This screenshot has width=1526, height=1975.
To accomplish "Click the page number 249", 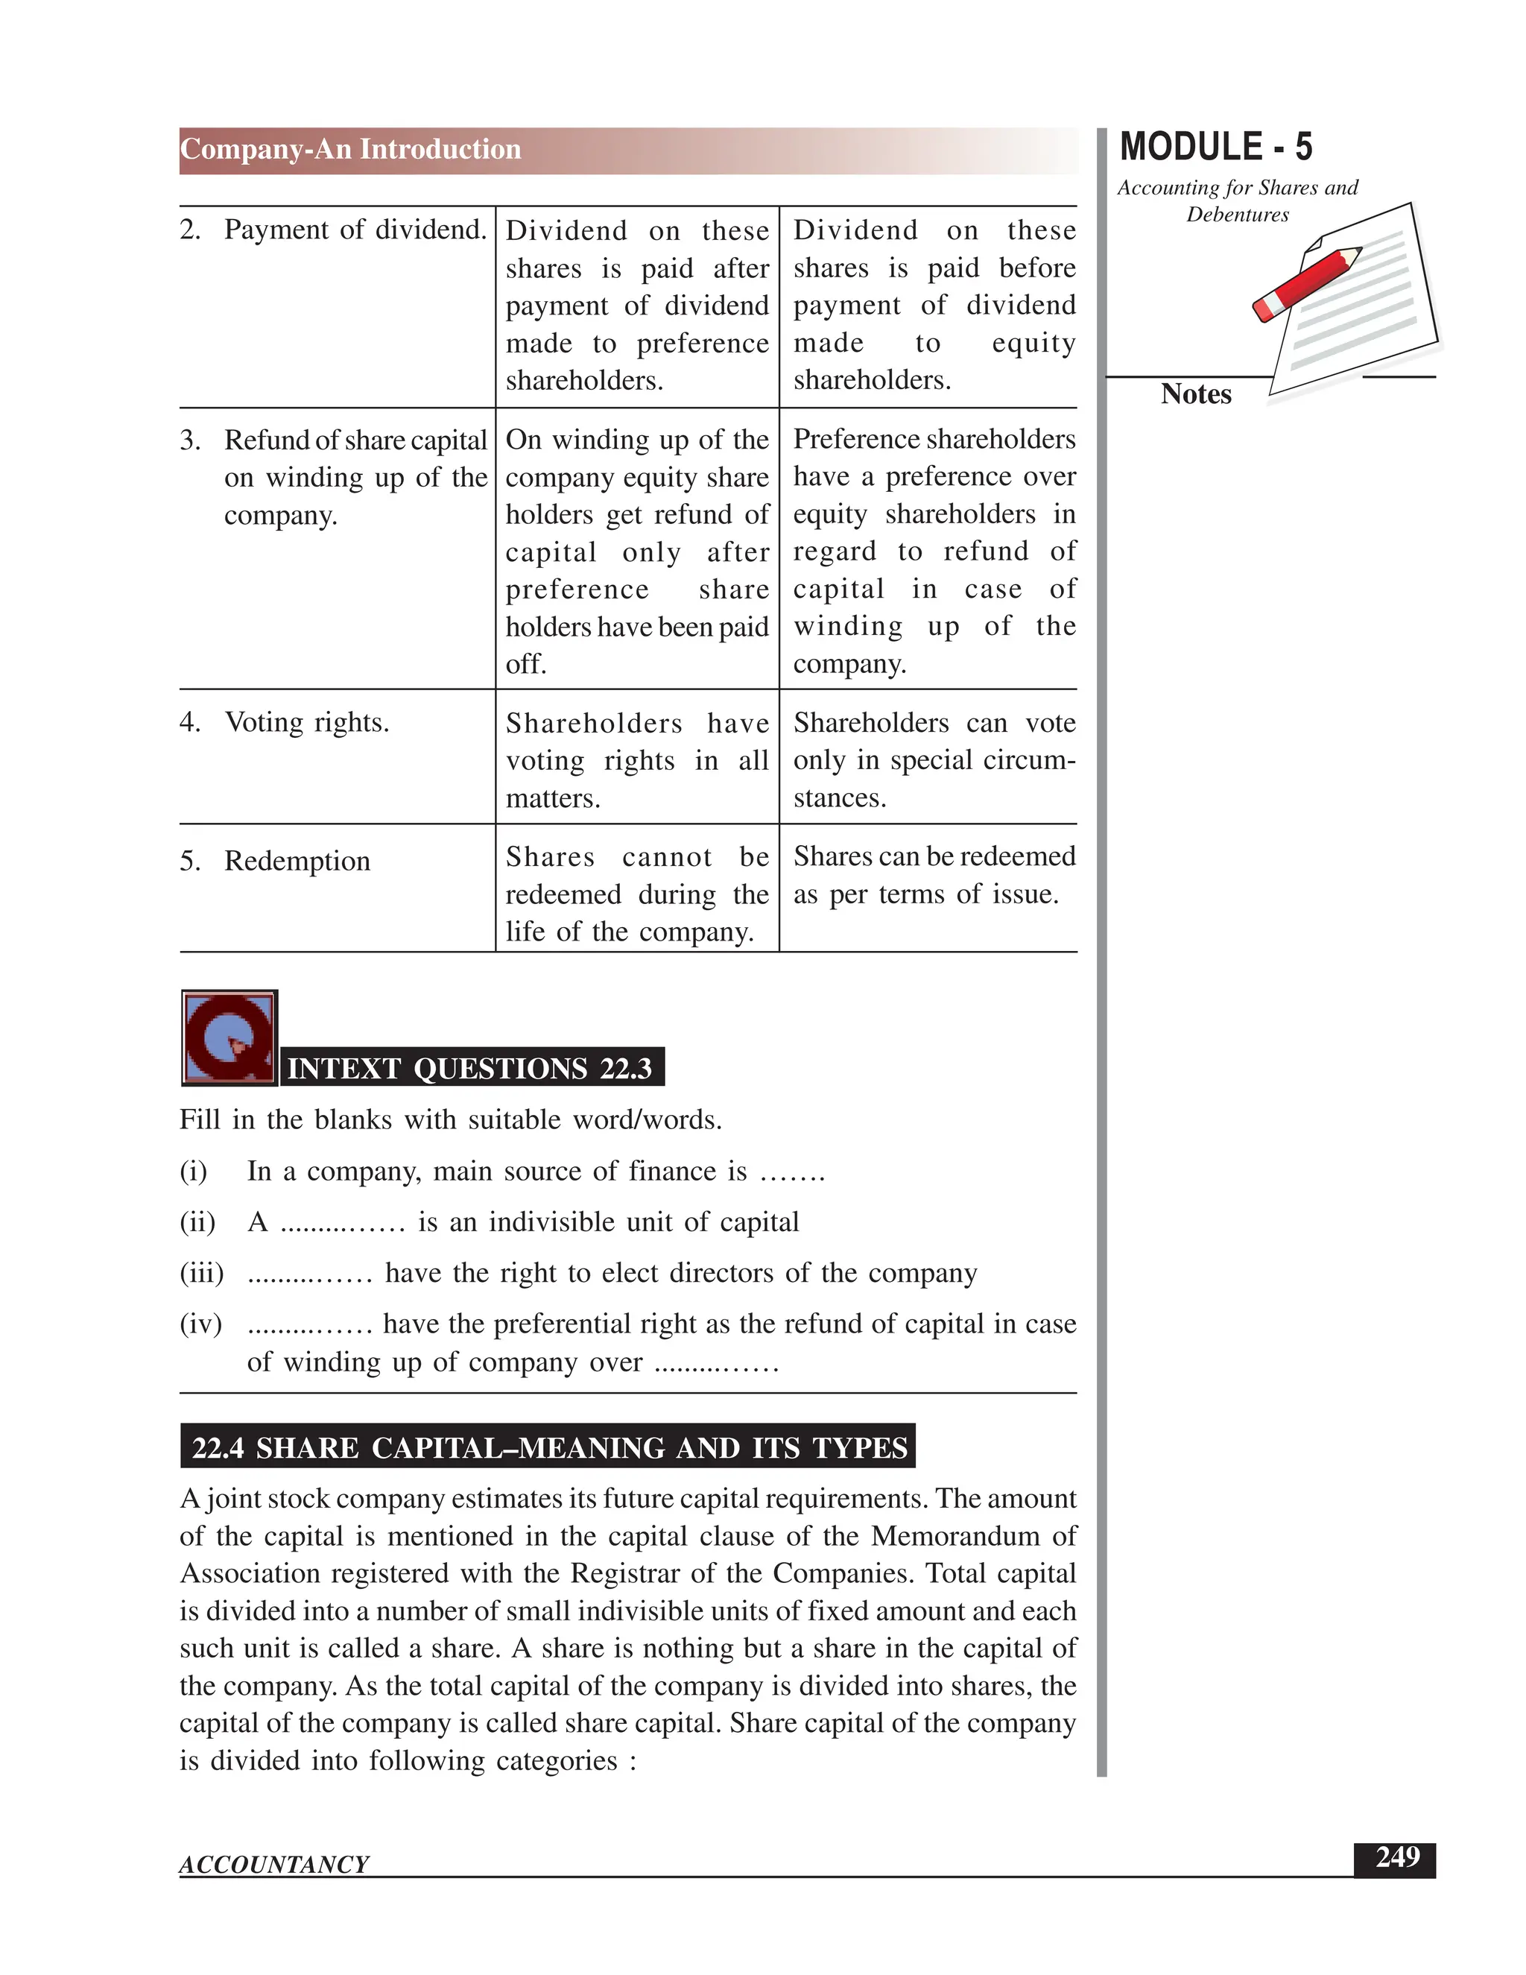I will coord(1397,1858).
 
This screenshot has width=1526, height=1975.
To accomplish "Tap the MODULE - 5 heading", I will coord(1216,148).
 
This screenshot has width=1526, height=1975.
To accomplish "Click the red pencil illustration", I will coord(1306,284).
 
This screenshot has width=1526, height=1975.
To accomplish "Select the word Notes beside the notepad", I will coord(1195,394).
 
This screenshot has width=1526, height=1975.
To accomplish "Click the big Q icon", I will coord(229,1037).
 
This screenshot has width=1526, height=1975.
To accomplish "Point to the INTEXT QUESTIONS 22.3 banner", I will coord(470,1068).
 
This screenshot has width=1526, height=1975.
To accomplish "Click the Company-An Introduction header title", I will coord(351,149).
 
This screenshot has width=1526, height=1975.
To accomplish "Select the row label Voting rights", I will coord(306,722).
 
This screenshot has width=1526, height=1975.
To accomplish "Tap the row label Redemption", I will coord(297,861).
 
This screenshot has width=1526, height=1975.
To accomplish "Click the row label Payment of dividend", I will coord(355,230).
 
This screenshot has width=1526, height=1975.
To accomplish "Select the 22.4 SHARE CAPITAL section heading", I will coord(548,1448).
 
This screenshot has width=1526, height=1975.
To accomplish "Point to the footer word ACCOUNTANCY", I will coord(274,1865).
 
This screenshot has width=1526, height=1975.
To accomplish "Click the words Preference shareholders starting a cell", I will coord(934,440).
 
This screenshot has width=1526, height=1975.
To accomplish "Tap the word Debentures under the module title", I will coord(1237,215).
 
